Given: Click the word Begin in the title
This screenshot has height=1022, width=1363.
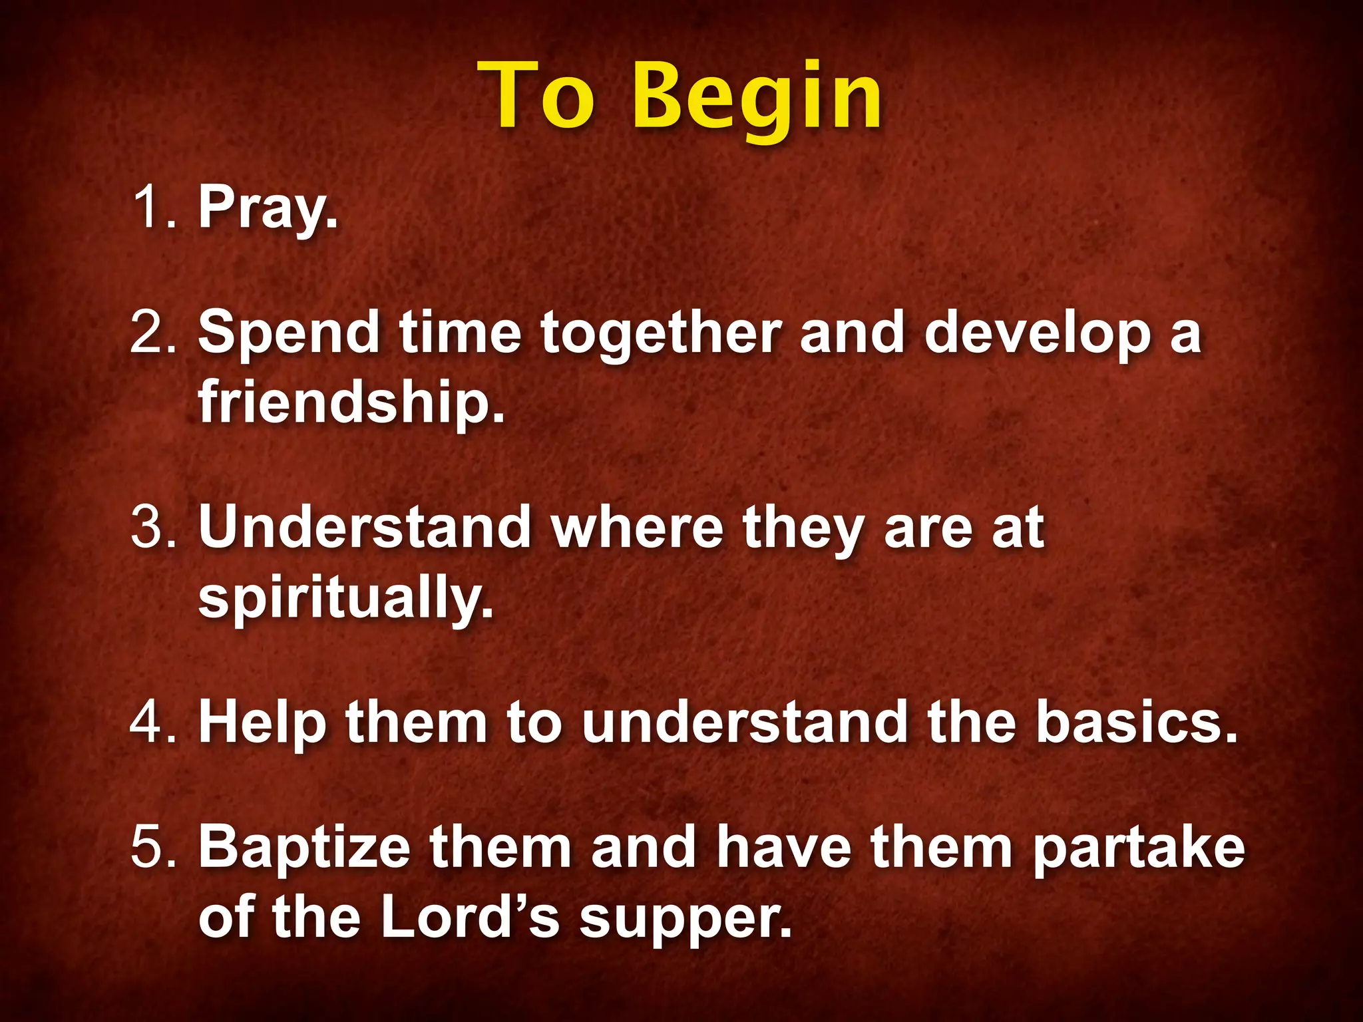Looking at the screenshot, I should point(757,98).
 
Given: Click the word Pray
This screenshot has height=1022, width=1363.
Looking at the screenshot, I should point(268,208).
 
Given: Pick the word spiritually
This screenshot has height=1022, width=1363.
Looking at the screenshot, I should point(346,597).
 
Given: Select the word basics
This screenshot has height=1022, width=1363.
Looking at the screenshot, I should point(1137,722).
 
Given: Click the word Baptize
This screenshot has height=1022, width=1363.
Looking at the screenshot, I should point(305,848).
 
